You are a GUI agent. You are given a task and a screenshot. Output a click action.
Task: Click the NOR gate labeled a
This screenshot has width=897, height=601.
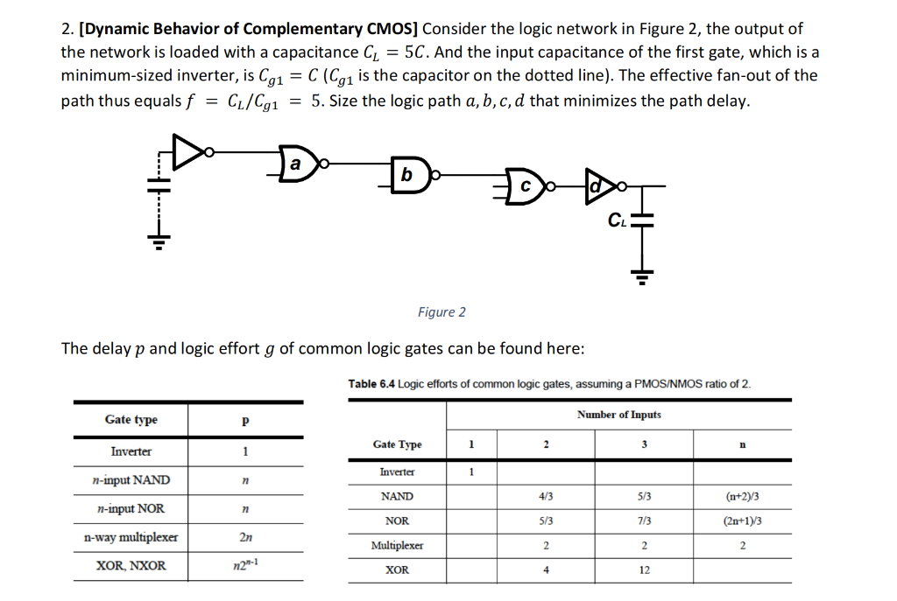296,164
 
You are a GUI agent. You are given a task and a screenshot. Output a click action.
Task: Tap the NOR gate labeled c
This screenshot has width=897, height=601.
523,186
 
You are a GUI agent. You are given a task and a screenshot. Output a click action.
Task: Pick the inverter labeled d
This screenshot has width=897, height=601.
597,186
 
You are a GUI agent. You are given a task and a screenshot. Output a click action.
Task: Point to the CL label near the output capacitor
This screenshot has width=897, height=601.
617,219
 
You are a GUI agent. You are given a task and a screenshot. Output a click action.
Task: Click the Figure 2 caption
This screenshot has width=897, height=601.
442,312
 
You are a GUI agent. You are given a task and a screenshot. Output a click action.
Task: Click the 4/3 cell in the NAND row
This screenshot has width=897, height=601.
545,496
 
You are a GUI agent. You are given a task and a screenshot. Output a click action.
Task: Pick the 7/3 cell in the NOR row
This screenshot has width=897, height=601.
644,521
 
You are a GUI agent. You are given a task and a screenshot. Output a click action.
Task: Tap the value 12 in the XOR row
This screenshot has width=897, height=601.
644,570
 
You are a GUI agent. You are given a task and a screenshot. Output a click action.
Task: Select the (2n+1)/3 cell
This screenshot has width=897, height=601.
742,521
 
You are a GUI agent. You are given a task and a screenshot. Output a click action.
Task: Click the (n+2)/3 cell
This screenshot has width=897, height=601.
742,496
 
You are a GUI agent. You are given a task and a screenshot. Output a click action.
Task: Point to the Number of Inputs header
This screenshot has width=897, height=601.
618,415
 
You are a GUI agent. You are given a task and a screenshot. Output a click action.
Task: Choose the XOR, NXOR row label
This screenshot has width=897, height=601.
131,566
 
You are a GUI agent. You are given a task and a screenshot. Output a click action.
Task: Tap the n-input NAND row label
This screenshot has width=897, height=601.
131,480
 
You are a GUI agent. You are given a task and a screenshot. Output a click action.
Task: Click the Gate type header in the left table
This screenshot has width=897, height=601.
131,420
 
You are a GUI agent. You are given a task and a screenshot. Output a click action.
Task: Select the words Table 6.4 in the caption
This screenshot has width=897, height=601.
371,384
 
